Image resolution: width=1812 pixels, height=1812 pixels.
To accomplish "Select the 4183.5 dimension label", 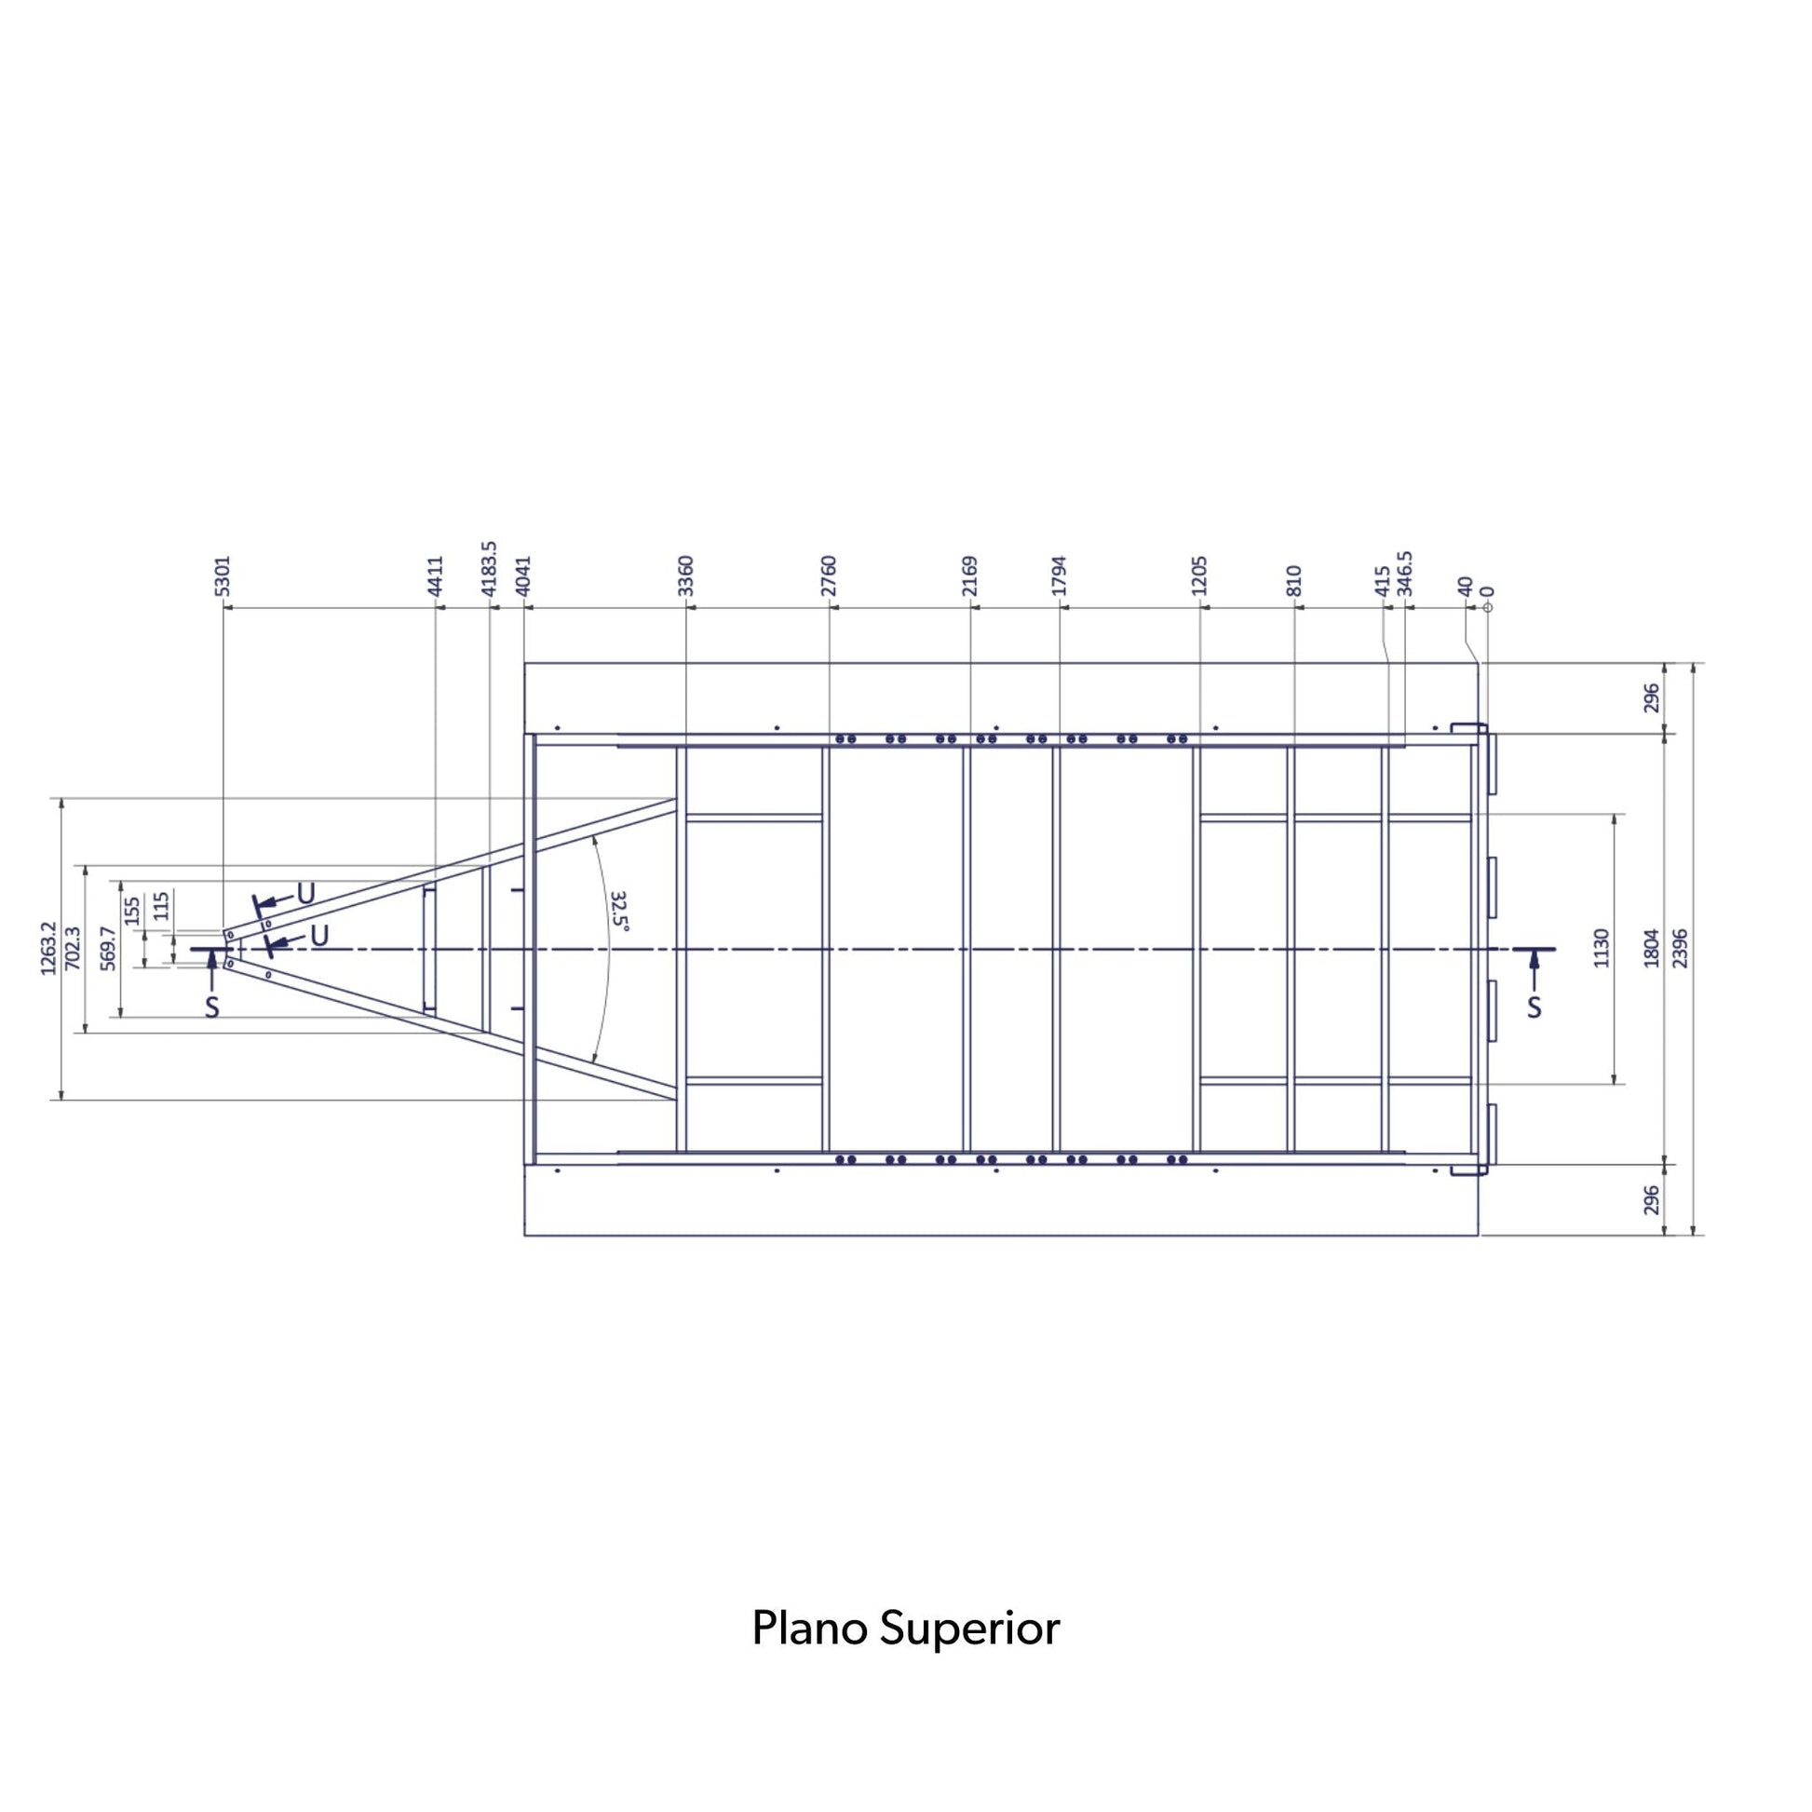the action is pos(489,568).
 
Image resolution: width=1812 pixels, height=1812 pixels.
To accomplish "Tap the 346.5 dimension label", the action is pos(1405,573).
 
